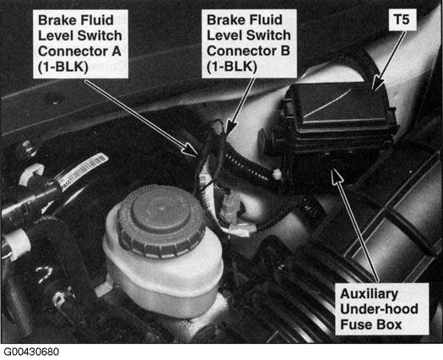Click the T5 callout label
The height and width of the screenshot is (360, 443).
tap(402, 19)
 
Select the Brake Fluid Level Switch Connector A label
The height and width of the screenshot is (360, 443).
tap(80, 44)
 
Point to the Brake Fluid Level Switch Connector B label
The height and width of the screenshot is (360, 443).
tap(249, 43)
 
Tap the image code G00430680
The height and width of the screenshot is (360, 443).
tap(31, 352)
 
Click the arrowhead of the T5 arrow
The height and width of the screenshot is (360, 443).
tap(377, 85)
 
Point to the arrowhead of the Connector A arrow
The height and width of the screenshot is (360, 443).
tap(191, 150)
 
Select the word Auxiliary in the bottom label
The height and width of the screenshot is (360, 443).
tap(370, 293)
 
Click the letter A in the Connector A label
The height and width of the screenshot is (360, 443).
tap(116, 51)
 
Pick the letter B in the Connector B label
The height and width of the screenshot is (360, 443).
tap(284, 51)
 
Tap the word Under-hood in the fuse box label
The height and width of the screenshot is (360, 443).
tap(379, 309)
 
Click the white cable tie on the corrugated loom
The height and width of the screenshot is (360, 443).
tap(277, 175)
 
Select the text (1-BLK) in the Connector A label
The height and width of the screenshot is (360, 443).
tap(63, 67)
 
